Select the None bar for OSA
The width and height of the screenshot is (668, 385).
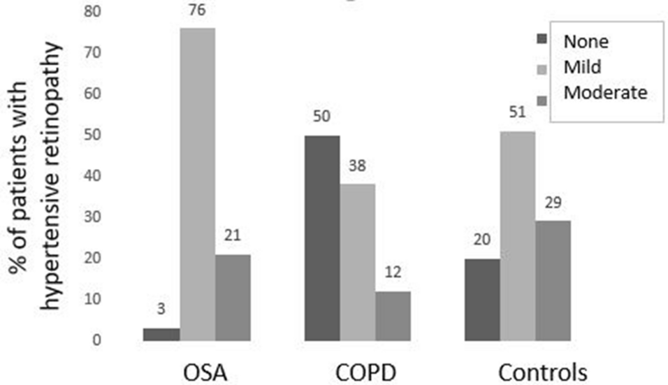tap(161, 334)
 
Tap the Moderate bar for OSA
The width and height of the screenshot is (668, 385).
tap(233, 298)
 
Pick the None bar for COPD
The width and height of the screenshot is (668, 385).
tap(322, 238)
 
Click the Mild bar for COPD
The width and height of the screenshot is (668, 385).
tap(358, 263)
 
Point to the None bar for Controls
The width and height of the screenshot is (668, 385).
tap(483, 300)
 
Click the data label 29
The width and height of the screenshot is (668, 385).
tap(553, 203)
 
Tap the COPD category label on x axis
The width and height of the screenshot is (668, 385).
tap(358, 372)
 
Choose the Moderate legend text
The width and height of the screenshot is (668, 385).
tap(605, 92)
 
